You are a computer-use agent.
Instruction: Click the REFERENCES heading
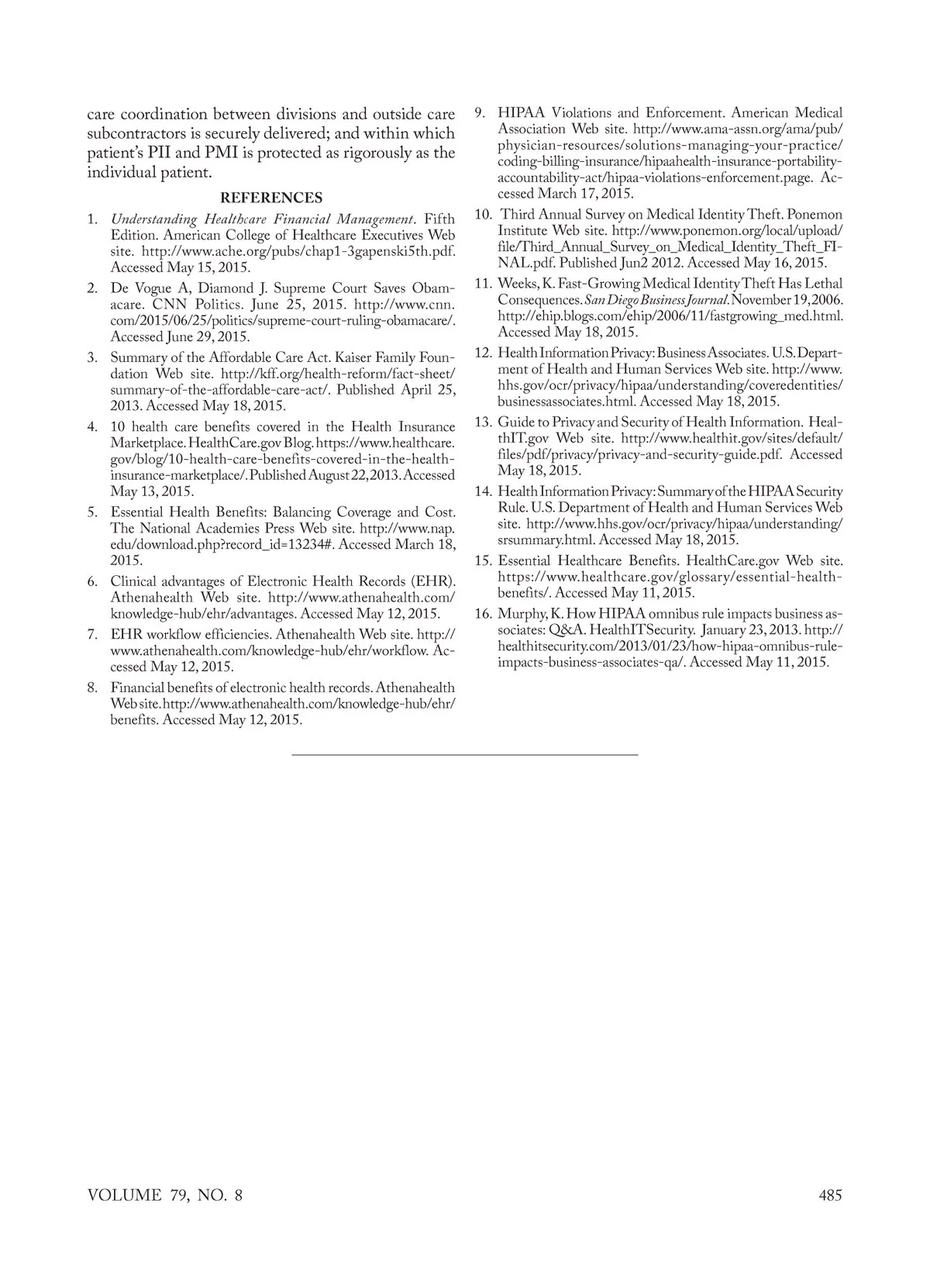pyautogui.click(x=271, y=198)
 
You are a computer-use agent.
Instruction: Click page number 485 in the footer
pyautogui.click(x=830, y=1195)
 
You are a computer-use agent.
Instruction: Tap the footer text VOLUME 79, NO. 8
pyautogui.click(x=165, y=1195)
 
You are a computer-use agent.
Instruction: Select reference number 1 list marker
pyautogui.click(x=91, y=219)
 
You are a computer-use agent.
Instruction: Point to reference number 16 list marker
pyautogui.click(x=483, y=614)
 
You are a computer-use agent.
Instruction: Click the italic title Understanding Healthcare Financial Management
pyautogui.click(x=263, y=219)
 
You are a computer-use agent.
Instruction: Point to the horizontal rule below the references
pyautogui.click(x=465, y=754)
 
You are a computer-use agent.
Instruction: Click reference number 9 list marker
pyautogui.click(x=480, y=112)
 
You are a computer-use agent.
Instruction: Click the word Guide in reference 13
pyautogui.click(x=515, y=422)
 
